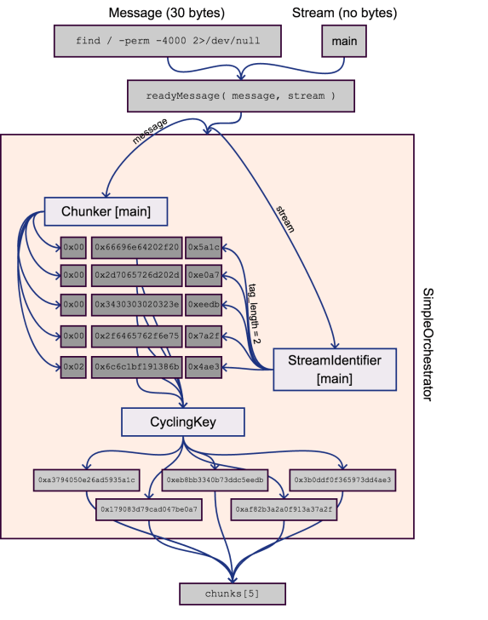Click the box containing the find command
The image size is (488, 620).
169,41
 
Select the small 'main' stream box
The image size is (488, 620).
344,41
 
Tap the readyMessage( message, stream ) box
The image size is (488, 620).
242,96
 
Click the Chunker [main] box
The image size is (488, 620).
104,210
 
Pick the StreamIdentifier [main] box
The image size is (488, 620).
334,369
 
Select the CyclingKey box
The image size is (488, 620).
182,422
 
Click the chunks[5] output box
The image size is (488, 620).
233,593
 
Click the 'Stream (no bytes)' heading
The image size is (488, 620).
344,13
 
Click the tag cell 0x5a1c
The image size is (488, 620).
204,248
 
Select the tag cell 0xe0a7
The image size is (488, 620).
204,276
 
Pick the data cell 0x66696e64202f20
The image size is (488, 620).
137,248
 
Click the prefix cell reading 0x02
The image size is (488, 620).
73,367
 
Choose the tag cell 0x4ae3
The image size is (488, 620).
204,367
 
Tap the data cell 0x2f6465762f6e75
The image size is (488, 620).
137,336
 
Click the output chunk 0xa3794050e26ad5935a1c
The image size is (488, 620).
86,480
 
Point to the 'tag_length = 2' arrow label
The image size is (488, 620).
253,313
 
